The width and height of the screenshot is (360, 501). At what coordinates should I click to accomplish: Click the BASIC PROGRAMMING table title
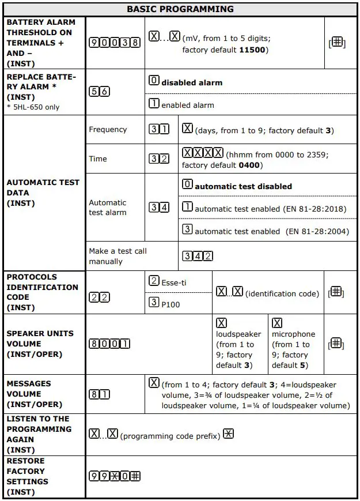(180, 9)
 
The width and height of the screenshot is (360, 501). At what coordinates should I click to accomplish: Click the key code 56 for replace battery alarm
(99, 92)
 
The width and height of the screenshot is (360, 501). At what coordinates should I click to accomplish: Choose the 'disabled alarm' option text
(191, 82)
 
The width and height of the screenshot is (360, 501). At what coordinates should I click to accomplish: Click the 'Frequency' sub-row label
(108, 130)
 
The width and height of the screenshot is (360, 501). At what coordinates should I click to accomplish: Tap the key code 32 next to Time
(160, 159)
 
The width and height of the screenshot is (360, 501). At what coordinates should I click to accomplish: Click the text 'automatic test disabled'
(243, 187)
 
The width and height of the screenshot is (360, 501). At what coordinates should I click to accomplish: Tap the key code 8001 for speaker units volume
(109, 344)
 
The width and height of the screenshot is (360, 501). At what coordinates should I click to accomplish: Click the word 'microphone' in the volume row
(293, 334)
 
